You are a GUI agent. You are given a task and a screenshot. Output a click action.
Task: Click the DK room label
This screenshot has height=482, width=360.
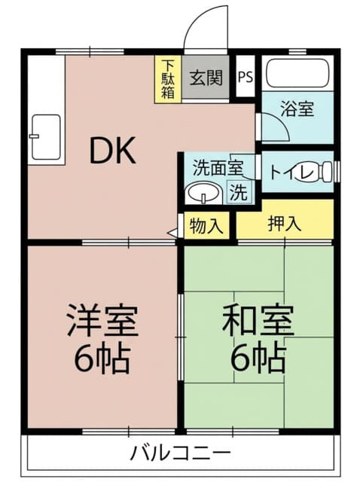(112, 151)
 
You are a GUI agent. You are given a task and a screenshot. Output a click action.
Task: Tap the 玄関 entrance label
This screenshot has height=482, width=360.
(206, 77)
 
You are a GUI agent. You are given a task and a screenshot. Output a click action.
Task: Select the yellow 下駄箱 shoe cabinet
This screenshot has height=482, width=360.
(168, 79)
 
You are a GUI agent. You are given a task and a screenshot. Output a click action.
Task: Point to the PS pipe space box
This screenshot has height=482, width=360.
(246, 76)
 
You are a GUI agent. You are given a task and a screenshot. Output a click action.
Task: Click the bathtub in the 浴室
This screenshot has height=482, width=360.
(297, 73)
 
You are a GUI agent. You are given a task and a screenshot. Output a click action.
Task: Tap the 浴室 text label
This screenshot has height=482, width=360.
(297, 108)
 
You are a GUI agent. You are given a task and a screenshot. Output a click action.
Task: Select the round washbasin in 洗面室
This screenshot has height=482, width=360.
(203, 193)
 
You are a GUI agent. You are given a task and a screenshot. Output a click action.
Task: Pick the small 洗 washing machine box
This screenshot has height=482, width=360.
(239, 192)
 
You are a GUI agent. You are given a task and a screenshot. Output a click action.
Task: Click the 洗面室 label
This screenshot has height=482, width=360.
(218, 168)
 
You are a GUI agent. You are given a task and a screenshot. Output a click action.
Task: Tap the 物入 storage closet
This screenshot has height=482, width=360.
(206, 226)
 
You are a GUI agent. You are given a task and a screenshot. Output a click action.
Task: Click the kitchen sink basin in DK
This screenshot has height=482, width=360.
(46, 137)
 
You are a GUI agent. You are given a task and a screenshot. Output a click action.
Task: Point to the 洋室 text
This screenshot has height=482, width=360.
(102, 320)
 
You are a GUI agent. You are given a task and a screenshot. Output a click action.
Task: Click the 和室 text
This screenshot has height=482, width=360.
(258, 319)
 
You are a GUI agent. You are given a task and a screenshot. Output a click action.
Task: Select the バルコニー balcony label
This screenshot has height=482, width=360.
(181, 453)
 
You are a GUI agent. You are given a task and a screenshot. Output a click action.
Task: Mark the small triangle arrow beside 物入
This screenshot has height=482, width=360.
(172, 233)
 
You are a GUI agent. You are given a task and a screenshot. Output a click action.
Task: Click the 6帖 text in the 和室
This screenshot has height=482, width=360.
(258, 357)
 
